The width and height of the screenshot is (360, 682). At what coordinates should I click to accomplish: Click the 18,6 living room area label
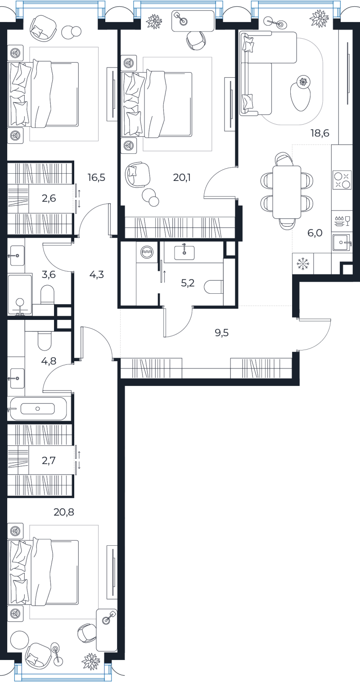tap(320, 133)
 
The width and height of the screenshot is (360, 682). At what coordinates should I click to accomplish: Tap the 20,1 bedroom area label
tap(182, 177)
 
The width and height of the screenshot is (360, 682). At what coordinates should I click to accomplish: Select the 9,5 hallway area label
tap(222, 333)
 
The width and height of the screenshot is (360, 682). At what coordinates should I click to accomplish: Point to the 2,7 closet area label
tap(49, 460)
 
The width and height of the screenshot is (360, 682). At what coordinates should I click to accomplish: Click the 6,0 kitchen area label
tap(315, 233)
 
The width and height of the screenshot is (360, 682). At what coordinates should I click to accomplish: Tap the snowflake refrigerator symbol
tap(303, 264)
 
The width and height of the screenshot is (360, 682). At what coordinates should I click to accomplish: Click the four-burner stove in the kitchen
tap(342, 180)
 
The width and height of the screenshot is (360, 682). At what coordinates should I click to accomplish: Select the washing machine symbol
tap(147, 252)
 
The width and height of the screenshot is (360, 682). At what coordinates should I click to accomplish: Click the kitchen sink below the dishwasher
tap(342, 242)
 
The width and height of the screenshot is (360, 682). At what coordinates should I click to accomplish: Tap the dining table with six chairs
tap(287, 192)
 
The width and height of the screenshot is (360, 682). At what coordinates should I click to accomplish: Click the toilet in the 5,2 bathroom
tap(214, 287)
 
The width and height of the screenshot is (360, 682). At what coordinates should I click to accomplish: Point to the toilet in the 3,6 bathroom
tap(47, 294)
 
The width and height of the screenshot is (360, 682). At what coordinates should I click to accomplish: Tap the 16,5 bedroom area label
tap(97, 177)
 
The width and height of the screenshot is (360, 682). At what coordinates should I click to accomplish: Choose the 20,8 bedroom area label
tap(64, 512)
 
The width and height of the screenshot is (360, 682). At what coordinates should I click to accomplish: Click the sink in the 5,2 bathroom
tap(184, 252)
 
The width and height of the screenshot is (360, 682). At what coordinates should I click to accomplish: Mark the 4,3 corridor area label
tap(97, 274)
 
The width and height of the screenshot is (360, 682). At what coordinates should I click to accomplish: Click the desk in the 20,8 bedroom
tap(107, 629)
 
